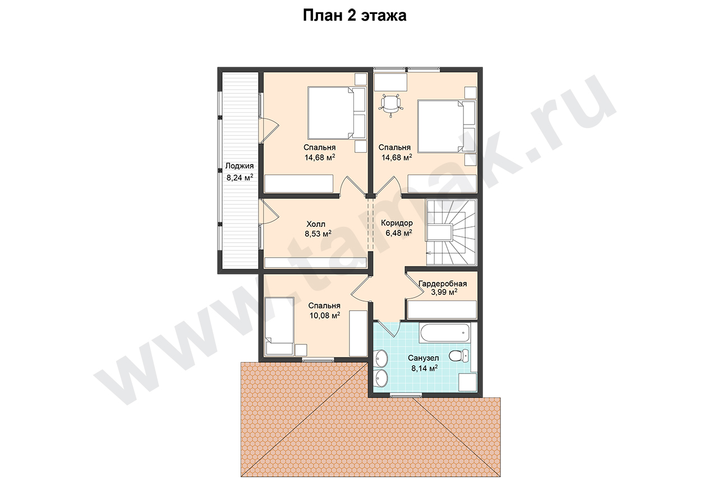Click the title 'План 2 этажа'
(x=355, y=16)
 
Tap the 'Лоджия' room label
(x=240, y=166)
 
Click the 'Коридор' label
(x=397, y=223)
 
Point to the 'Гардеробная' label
(x=443, y=284)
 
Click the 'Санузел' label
(x=423, y=358)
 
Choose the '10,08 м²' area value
(x=324, y=316)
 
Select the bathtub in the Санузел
(x=445, y=334)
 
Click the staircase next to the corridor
(x=452, y=232)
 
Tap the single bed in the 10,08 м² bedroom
(x=279, y=326)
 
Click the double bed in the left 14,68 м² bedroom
(x=337, y=113)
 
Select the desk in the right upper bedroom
(x=391, y=82)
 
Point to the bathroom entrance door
(x=389, y=329)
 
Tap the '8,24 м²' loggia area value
(x=240, y=177)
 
